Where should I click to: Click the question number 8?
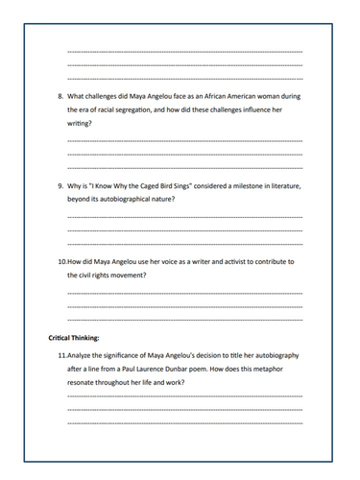point(60,97)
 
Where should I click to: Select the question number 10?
point(62,261)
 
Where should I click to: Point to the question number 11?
point(62,356)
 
